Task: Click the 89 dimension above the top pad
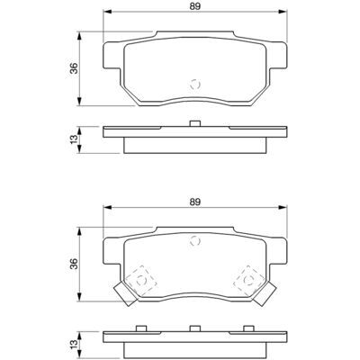point(195,6)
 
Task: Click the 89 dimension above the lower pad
point(195,202)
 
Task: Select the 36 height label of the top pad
point(74,68)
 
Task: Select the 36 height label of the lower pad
point(74,264)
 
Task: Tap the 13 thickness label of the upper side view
point(74,139)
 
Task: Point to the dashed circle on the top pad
point(195,85)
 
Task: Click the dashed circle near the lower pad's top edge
point(195,240)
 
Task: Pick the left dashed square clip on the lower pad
point(140,281)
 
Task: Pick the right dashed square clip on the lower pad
point(248,281)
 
